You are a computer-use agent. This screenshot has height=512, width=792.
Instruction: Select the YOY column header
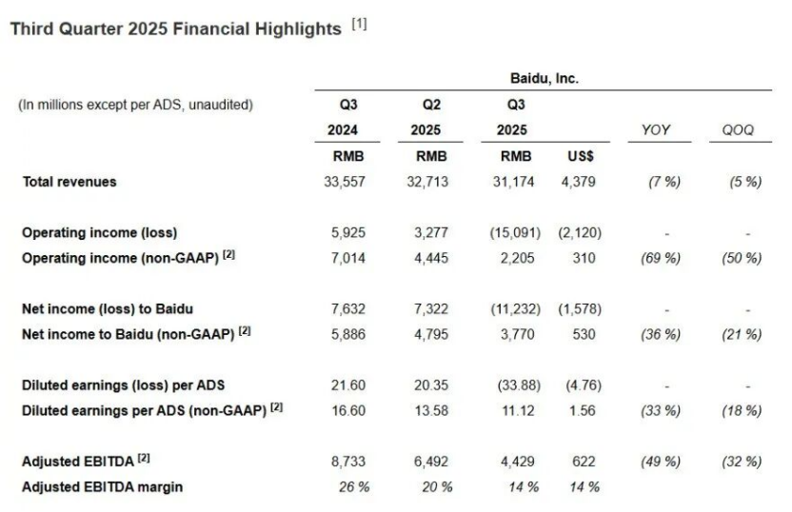[x=655, y=130]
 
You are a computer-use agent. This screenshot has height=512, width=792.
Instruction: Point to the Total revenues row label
[x=69, y=182]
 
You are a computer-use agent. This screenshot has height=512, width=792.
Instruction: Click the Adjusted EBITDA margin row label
[x=103, y=487]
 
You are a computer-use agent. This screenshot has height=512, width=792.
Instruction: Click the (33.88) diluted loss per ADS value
[x=512, y=385]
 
